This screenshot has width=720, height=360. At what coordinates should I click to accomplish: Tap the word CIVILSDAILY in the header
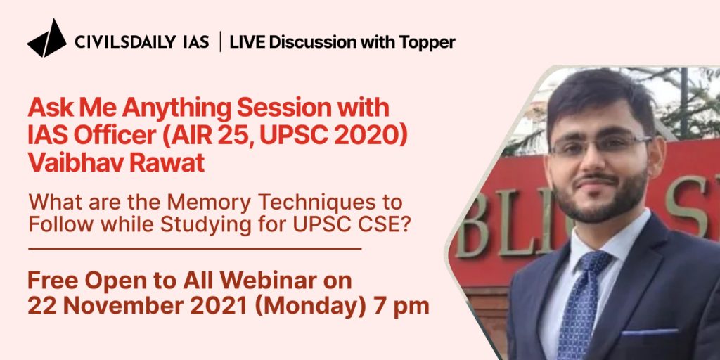click(x=125, y=42)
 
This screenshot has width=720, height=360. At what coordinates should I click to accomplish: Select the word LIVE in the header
click(x=247, y=42)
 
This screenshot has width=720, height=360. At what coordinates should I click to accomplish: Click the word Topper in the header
click(x=427, y=43)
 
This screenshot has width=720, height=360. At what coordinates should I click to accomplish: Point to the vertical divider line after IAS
click(x=220, y=41)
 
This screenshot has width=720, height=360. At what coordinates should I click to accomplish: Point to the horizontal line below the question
click(x=195, y=248)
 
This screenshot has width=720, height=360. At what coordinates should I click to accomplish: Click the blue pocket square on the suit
click(x=649, y=332)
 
